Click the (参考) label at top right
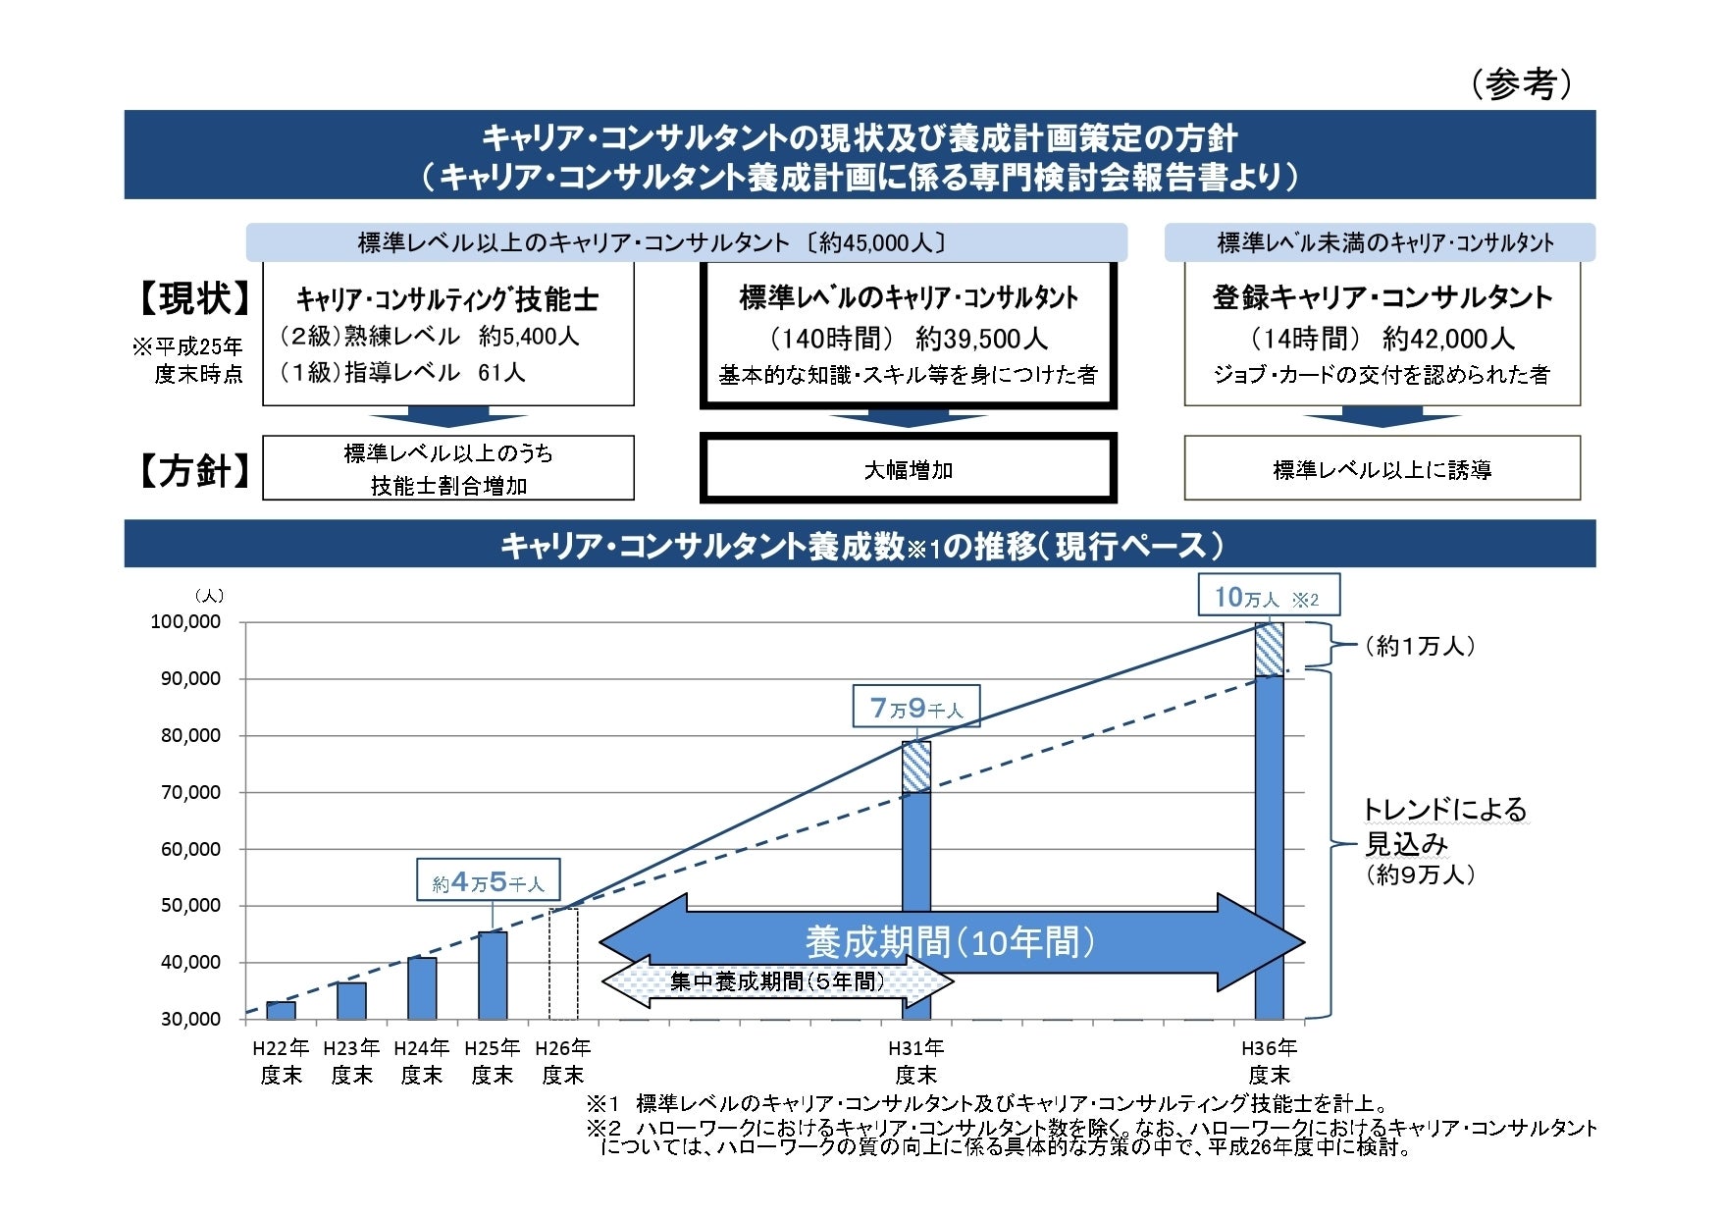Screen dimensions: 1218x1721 1521,84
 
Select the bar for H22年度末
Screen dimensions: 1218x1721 281,1010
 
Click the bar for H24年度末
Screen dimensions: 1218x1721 422,988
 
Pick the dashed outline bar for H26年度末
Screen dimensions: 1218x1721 563,964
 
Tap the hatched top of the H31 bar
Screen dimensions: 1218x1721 916,767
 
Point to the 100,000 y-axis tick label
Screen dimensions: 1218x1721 185,622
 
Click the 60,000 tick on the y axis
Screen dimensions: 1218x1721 190,849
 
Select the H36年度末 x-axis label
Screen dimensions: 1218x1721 1269,1062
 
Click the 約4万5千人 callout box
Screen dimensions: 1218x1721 488,881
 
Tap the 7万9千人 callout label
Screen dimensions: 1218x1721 916,708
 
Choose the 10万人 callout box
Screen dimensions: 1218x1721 1268,597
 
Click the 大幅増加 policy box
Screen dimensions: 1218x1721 908,470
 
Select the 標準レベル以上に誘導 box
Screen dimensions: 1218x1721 1382,470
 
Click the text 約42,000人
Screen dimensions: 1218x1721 1448,339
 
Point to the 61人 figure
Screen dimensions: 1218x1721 501,373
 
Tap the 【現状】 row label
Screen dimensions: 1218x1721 192,298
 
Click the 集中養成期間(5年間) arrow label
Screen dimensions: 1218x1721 776,981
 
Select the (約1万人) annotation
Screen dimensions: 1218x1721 1420,646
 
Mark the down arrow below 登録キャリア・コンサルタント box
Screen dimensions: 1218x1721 1382,419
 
